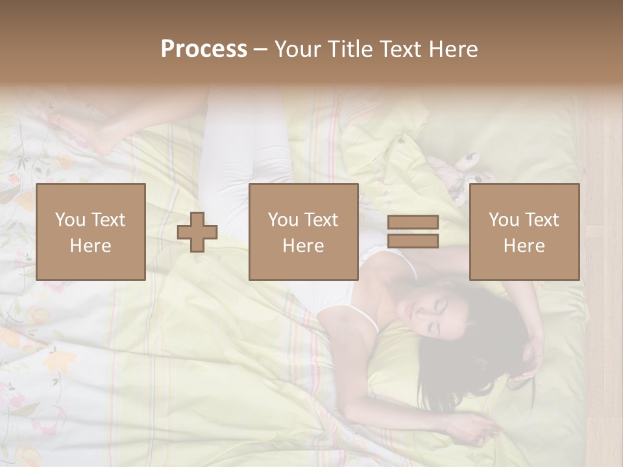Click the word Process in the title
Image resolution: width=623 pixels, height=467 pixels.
[204, 49]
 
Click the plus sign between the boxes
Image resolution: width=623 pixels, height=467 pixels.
[197, 232]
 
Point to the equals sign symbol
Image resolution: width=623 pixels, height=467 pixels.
[413, 232]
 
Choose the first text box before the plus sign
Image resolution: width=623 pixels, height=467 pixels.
[90, 232]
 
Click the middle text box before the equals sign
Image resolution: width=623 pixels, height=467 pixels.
[303, 232]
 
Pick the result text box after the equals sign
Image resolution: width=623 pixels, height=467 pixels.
[524, 232]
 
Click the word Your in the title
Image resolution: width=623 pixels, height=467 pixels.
[297, 49]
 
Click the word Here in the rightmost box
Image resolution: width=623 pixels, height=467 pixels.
[524, 245]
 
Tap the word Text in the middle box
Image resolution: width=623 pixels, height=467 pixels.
[320, 220]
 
